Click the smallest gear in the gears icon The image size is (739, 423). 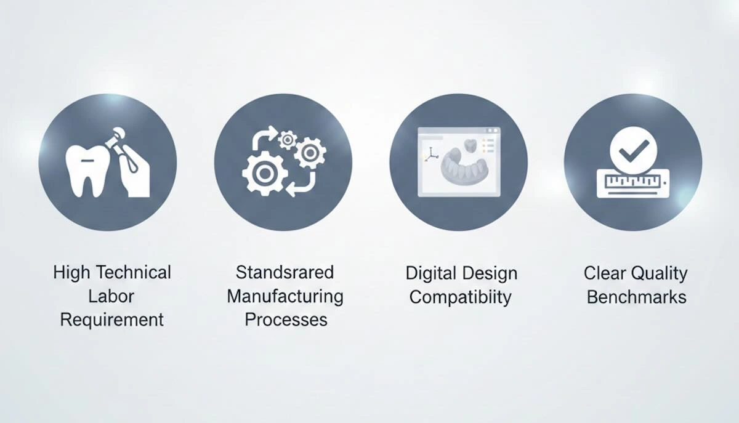point(287,140)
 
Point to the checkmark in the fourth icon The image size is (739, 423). point(634,148)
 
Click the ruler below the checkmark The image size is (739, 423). point(632,183)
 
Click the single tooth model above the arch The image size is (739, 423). point(469,145)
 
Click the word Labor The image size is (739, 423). point(111,296)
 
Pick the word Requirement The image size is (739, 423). point(111,320)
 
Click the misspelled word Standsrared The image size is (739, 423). point(285,272)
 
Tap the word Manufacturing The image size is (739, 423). point(285,296)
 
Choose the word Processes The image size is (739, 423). point(286,320)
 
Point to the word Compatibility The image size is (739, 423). point(461,297)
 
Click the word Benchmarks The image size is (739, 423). point(636,297)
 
